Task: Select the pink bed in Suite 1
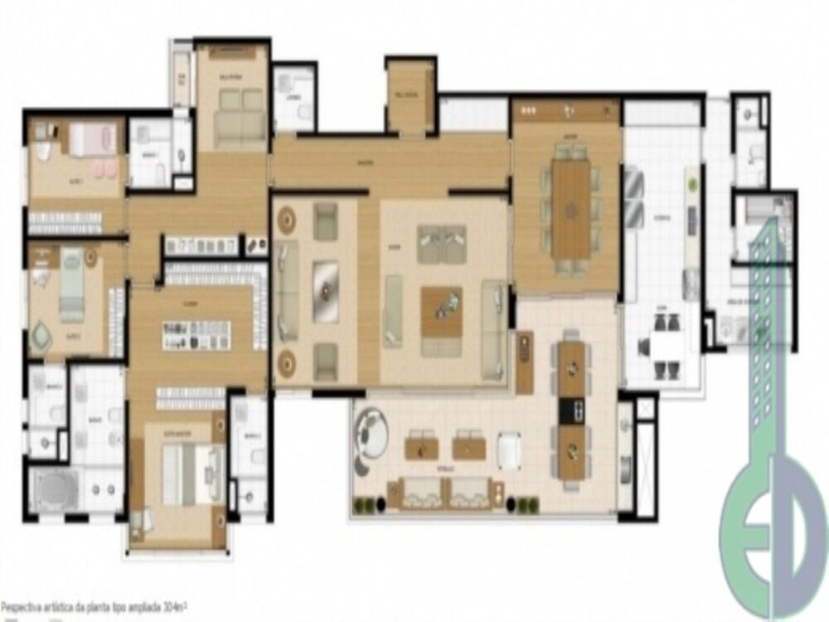90,139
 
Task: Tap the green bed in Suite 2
71,286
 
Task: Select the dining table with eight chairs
571,208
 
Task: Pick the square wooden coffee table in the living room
441,312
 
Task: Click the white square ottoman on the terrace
509,450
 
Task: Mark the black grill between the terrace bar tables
571,410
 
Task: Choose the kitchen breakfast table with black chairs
664,347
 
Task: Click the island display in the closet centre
196,334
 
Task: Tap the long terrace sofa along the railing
446,493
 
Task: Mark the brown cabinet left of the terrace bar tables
525,362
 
